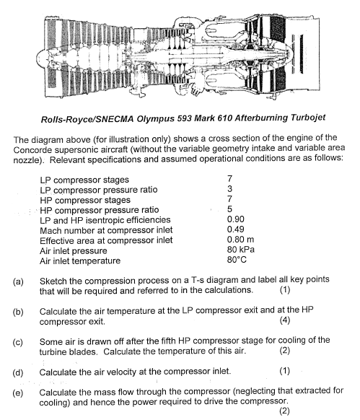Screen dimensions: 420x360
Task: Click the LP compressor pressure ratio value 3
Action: [229, 189]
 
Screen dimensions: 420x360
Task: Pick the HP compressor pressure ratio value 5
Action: [229, 209]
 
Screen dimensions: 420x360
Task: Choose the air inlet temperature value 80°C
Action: [237, 260]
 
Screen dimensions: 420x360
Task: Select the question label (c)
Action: [19, 341]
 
